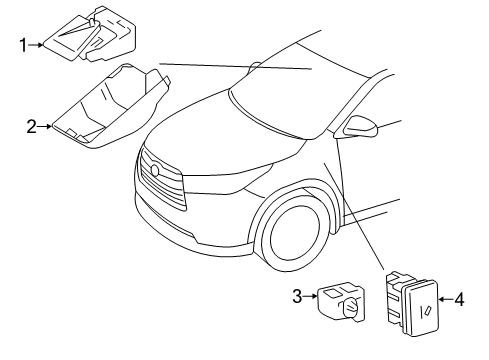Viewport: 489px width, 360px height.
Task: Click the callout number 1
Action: [23, 44]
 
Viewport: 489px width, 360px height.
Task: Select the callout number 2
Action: [32, 126]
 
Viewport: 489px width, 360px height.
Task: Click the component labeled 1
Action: [90, 35]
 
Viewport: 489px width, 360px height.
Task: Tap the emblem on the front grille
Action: [155, 171]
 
